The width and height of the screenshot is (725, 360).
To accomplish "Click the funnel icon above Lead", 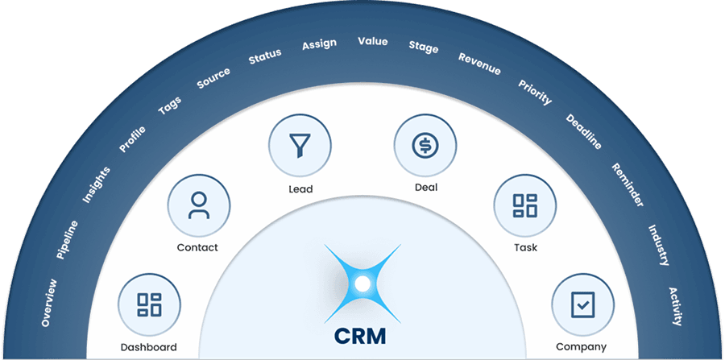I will (300, 146).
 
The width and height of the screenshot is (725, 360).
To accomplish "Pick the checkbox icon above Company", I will (582, 304).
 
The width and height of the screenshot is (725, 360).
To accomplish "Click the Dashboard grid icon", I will (149, 304).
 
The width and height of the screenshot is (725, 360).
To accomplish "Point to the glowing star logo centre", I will (362, 283).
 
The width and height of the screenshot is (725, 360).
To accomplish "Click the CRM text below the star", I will (362, 333).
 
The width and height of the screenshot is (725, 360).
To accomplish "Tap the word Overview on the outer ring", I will (49, 303).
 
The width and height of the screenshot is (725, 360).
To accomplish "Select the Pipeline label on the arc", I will (68, 239).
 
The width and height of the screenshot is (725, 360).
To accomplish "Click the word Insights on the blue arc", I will (96, 184).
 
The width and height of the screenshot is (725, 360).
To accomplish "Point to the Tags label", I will (170, 106).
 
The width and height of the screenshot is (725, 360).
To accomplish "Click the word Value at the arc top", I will (372, 41).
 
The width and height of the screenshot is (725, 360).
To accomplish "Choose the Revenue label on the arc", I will (479, 64).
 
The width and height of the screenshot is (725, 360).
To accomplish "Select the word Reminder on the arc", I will (628, 184).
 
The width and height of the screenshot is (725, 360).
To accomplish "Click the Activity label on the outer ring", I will (675, 306).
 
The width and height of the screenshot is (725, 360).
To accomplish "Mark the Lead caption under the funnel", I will (300, 189).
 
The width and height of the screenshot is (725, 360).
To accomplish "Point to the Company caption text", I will (582, 347).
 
